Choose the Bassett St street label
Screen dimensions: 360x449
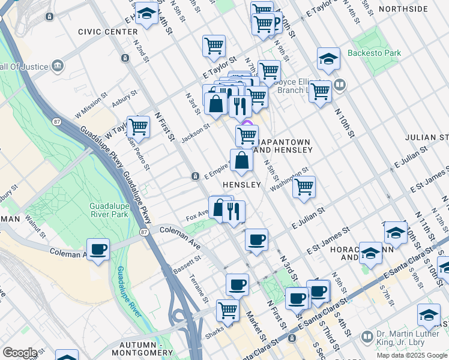coord(188,262)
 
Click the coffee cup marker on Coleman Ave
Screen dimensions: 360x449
coord(98,249)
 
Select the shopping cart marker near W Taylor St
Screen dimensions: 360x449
coord(138,127)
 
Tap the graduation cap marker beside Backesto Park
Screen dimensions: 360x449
coord(328,58)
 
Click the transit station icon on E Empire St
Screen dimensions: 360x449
coord(196,176)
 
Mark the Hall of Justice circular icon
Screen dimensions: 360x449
coord(58,65)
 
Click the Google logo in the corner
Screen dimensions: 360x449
coord(20,352)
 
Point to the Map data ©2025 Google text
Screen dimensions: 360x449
coord(412,355)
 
